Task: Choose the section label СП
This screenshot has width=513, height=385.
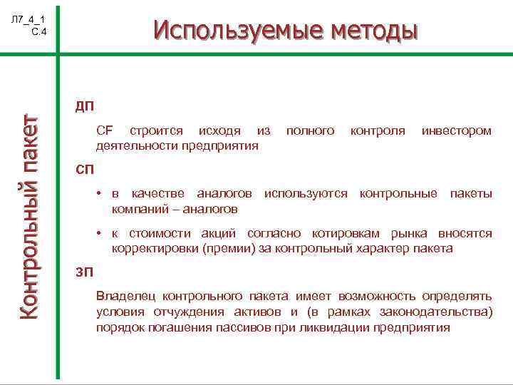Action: tap(85, 170)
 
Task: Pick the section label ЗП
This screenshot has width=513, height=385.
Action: tap(84, 272)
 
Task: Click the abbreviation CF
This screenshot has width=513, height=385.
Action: tap(104, 131)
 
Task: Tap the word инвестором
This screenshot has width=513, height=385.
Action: tap(456, 131)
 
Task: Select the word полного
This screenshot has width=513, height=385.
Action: tap(310, 131)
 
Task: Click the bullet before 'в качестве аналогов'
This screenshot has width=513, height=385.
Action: tap(100, 194)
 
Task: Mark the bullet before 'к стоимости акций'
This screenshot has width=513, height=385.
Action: tap(100, 234)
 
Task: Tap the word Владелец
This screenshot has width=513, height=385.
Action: tap(125, 295)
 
